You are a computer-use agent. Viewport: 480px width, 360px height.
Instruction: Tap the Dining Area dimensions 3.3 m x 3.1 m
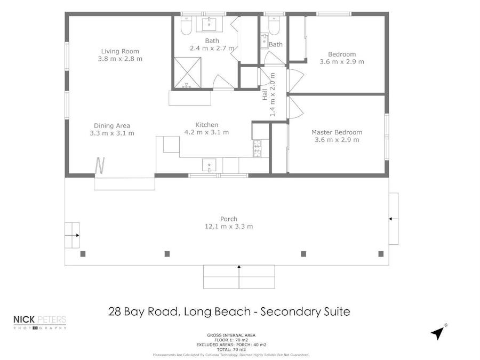click(x=112, y=133)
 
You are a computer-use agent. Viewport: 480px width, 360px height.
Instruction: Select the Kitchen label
click(x=206, y=125)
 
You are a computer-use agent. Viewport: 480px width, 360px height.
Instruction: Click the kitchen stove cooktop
click(x=257, y=148)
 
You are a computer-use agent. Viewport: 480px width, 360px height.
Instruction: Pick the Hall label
click(x=265, y=95)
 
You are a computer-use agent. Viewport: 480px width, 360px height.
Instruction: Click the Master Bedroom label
click(x=337, y=132)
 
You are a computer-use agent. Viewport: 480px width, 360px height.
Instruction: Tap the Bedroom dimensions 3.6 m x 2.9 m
click(x=342, y=61)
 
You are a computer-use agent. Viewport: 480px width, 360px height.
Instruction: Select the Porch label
click(x=228, y=219)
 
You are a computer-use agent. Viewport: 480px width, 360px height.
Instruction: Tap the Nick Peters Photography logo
click(x=40, y=322)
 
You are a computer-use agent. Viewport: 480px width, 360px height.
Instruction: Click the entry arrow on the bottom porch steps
click(x=239, y=267)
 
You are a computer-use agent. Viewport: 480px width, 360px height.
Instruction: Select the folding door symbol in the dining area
click(x=100, y=165)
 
